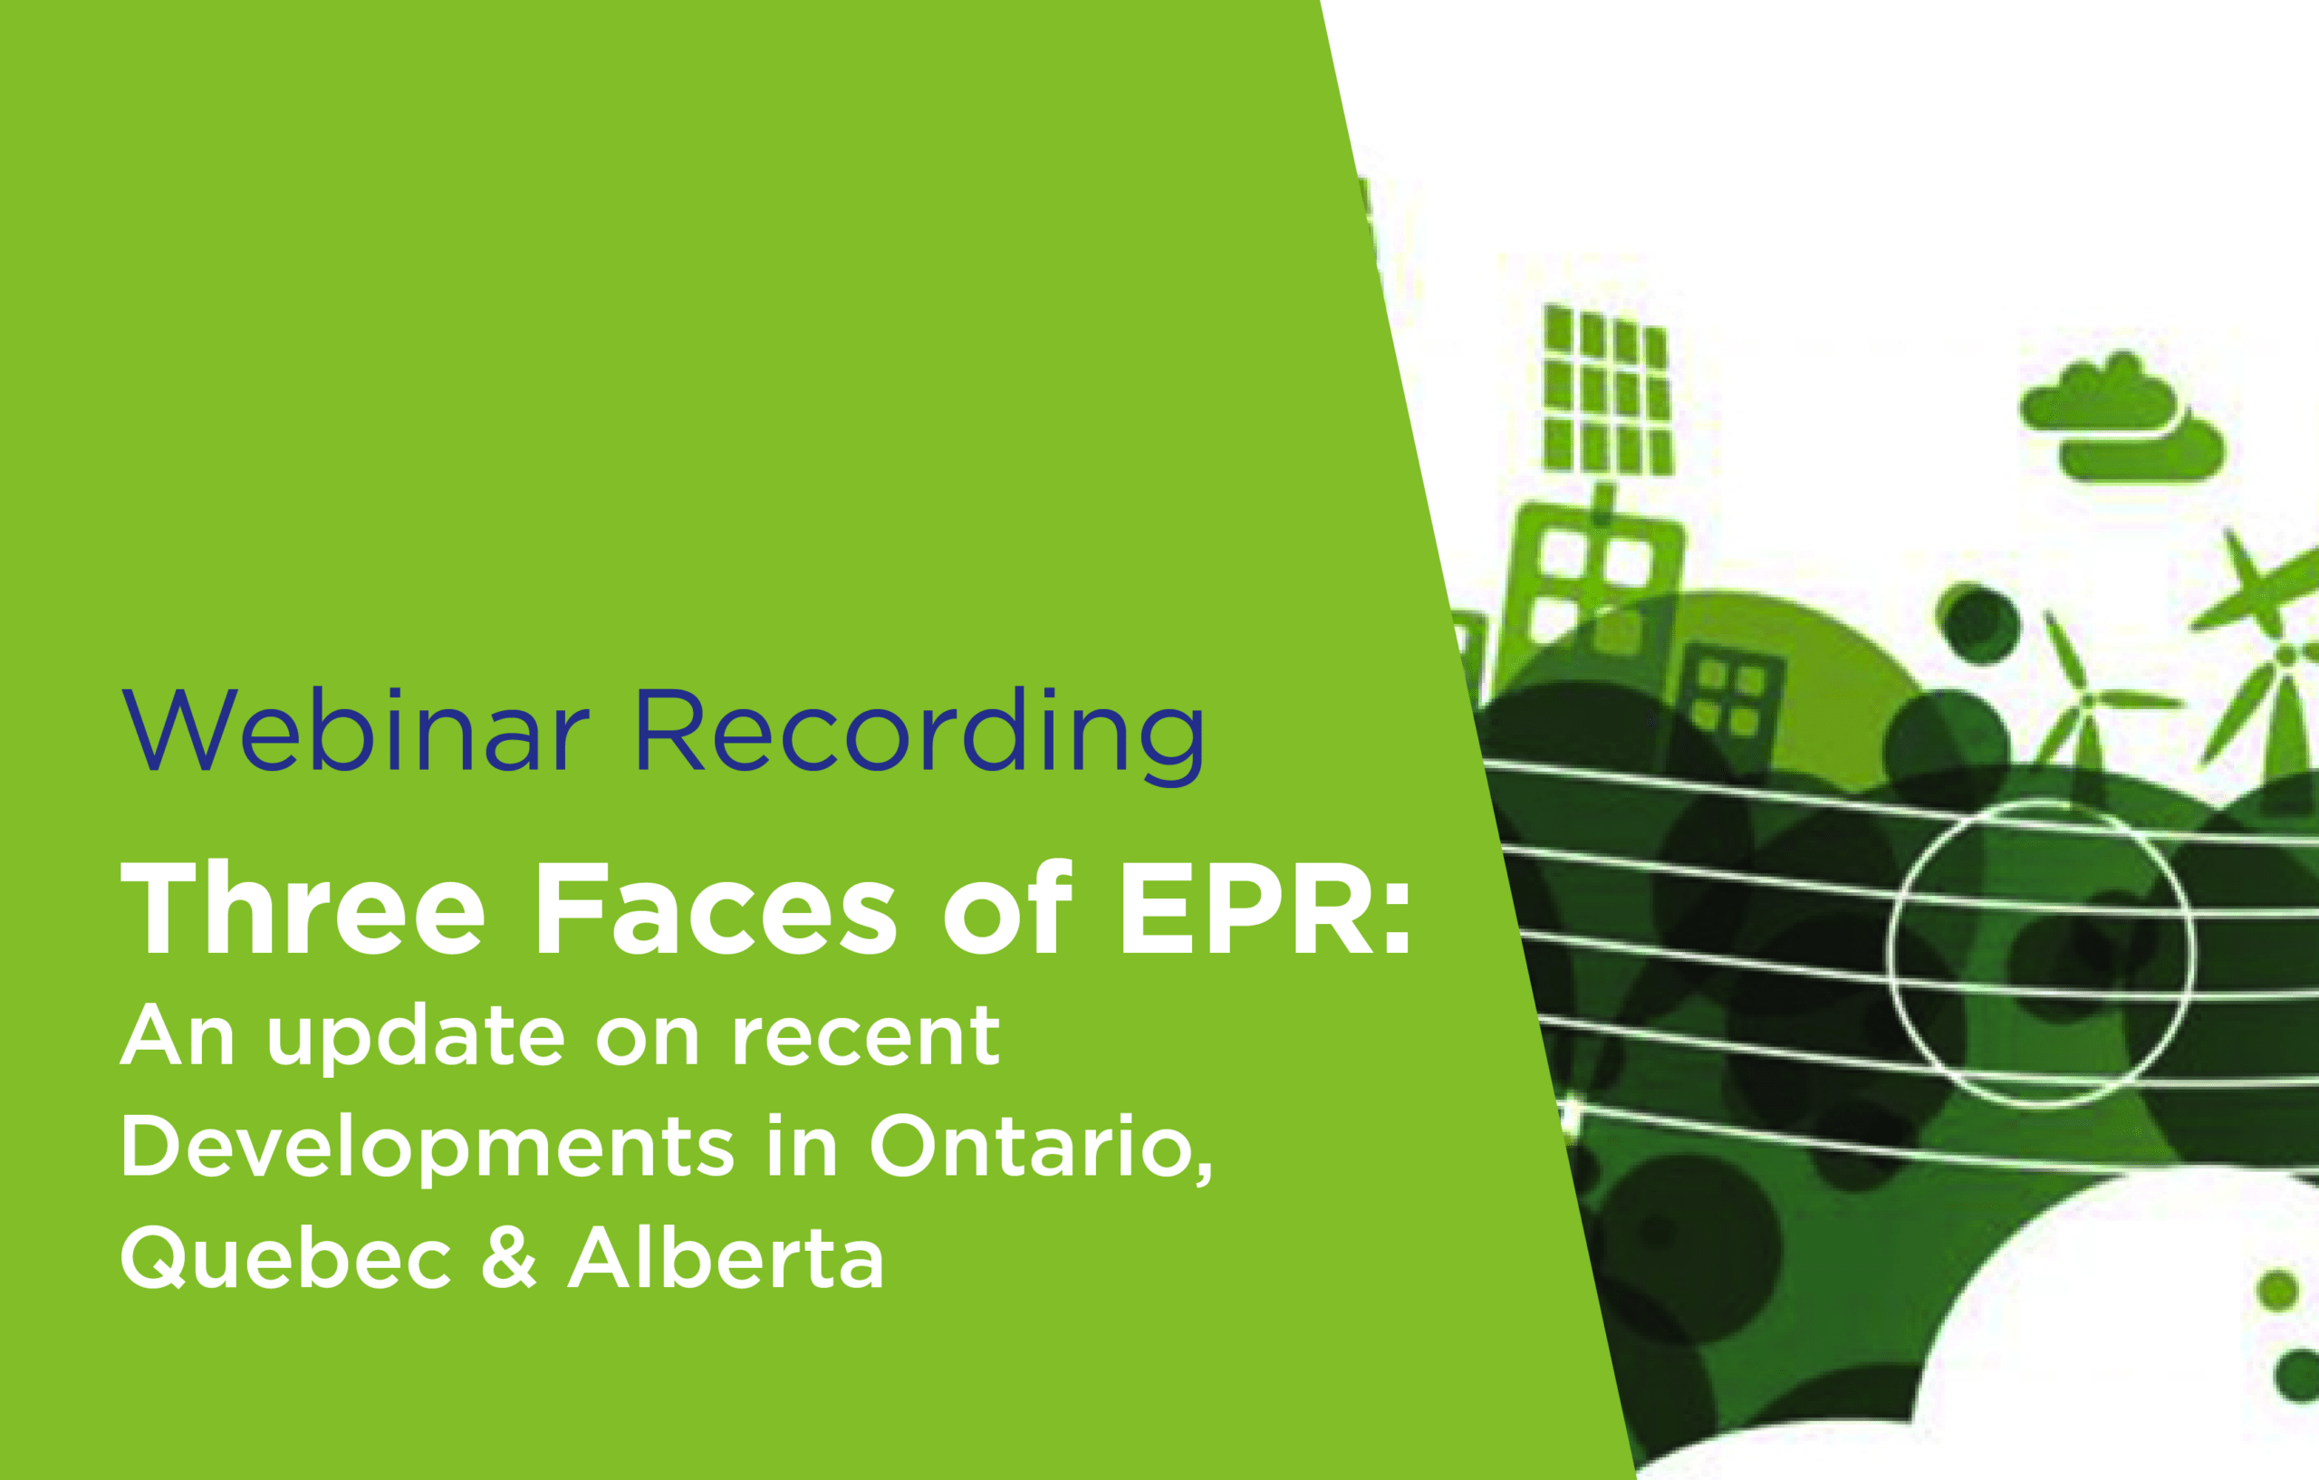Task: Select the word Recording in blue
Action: click(919, 735)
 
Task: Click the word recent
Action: click(865, 1037)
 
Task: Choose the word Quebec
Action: click(286, 1258)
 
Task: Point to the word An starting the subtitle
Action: click(178, 1035)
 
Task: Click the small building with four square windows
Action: click(1730, 699)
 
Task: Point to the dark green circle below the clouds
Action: click(1978, 623)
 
